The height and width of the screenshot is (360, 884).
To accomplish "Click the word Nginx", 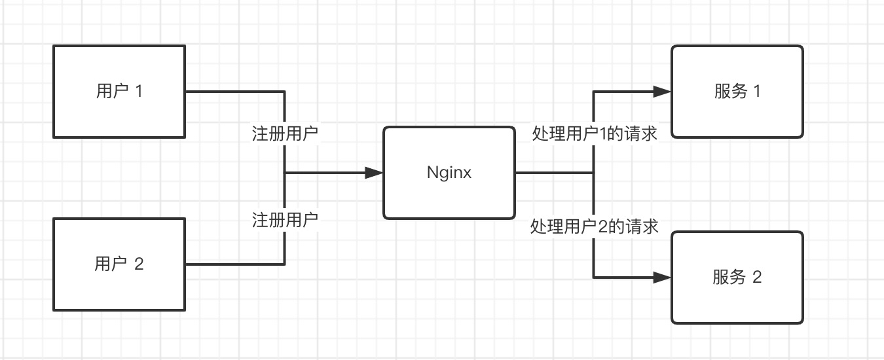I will pyautogui.click(x=449, y=173).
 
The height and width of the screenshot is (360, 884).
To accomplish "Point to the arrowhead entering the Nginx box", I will pyautogui.click(x=374, y=173).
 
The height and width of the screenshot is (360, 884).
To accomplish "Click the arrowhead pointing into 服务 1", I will pyautogui.click(x=662, y=92).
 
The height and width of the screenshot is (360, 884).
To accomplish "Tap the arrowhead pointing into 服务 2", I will pyautogui.click(x=662, y=278).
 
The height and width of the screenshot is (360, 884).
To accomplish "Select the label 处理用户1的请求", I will pyautogui.click(x=595, y=134).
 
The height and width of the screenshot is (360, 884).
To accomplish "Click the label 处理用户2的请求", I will pyautogui.click(x=595, y=226).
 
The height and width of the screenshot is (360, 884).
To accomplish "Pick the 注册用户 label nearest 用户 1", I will pyautogui.click(x=285, y=134).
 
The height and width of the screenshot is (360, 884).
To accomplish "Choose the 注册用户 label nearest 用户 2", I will pyautogui.click(x=285, y=220).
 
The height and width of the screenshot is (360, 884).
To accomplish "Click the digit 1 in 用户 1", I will pyautogui.click(x=138, y=91).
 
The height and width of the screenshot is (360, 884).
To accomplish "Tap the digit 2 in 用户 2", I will pyautogui.click(x=138, y=264).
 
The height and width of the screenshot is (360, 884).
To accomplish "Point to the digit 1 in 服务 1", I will pyautogui.click(x=757, y=91).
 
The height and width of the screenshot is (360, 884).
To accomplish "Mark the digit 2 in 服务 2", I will pyautogui.click(x=757, y=278).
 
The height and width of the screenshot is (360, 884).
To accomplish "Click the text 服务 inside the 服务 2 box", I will pyautogui.click(x=729, y=278).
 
